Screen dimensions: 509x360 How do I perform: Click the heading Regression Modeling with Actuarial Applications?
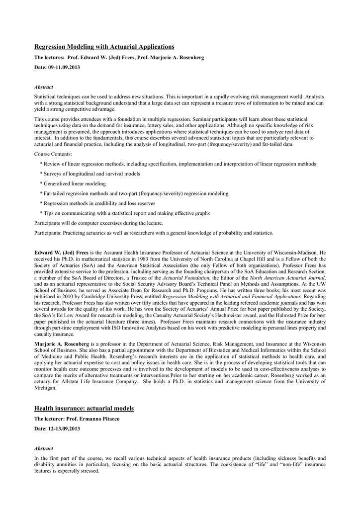click(104, 47)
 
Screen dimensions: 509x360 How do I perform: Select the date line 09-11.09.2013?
click(57, 67)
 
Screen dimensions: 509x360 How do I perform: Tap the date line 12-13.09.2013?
click(57, 428)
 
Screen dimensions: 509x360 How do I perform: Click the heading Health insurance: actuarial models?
click(84, 409)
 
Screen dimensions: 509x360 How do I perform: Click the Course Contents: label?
click(53, 155)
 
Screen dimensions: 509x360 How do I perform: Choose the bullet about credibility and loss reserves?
click(99, 203)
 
